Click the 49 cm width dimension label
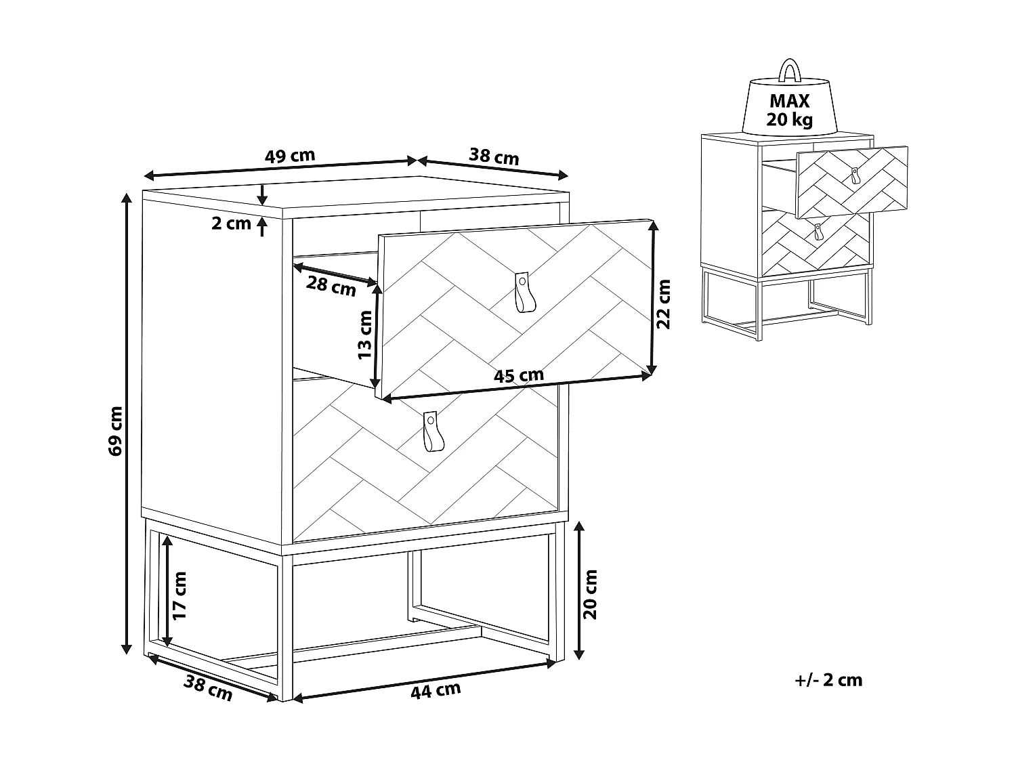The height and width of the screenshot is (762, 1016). click(289, 155)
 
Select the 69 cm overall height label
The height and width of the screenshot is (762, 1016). click(115, 430)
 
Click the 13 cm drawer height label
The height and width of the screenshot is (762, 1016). click(364, 335)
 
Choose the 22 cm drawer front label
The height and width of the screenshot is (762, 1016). click(664, 303)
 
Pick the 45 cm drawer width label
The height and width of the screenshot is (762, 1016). click(519, 375)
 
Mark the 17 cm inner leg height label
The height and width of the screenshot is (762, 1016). click(179, 596)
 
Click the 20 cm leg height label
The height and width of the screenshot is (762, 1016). click(591, 593)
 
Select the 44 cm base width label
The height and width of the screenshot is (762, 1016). click(436, 690)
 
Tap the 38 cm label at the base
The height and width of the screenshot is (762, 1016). click(208, 689)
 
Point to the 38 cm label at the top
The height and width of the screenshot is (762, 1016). click(494, 157)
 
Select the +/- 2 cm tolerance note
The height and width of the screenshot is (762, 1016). click(829, 680)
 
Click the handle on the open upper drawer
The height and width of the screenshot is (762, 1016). click(523, 292)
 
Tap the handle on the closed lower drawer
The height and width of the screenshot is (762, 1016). click(430, 431)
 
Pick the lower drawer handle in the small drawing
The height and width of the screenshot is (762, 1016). click(819, 232)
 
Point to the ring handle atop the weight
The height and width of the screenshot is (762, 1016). click(789, 70)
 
